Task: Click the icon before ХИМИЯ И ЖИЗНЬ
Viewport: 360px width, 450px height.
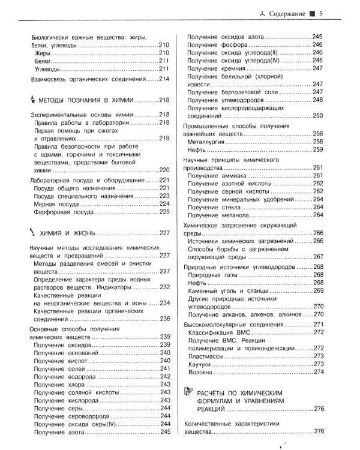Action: point(32,232)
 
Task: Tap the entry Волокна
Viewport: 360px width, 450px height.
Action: point(202,372)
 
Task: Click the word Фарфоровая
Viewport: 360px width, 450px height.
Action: point(58,211)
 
